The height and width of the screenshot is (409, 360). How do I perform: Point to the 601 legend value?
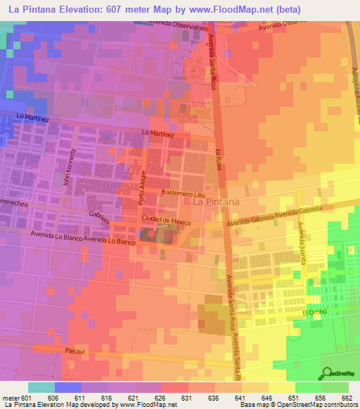click(27, 398)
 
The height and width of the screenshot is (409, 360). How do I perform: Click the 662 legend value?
click(347, 398)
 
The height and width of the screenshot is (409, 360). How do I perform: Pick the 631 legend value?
click(187, 398)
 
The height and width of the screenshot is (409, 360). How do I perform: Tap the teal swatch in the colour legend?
click(41, 387)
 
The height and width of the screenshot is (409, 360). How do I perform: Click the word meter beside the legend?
click(10, 398)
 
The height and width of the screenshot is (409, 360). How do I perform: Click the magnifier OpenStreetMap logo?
click(327, 374)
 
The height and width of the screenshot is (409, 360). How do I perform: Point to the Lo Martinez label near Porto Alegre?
click(157, 133)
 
